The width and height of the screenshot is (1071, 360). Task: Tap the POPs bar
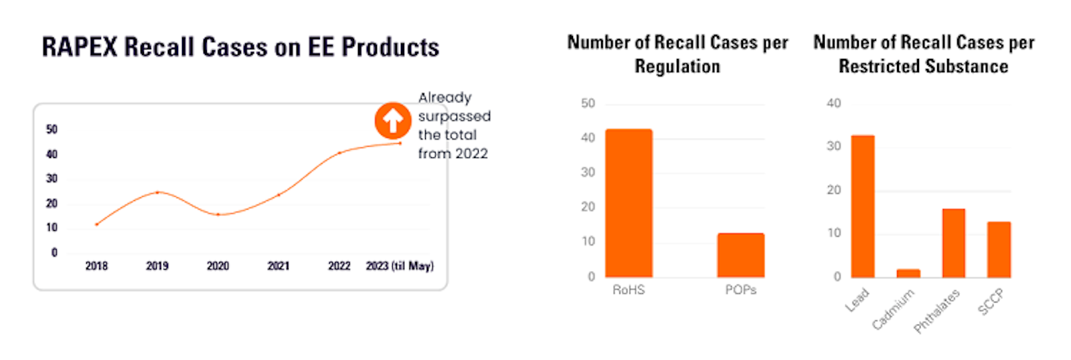point(740,255)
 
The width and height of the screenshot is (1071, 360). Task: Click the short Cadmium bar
point(908,273)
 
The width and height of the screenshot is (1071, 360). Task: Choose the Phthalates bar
point(953,243)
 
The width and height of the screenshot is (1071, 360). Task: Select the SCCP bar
point(999,249)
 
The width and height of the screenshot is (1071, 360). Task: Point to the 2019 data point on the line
point(157,193)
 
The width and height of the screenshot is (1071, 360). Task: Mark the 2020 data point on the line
point(218,215)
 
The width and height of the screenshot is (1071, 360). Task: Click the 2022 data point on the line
point(339,153)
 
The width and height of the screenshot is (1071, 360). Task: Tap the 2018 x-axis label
point(96,266)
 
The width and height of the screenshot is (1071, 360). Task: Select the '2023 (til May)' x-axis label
point(400,266)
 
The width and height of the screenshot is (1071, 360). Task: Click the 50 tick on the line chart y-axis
point(52,129)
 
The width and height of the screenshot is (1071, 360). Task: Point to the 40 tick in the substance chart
point(833,103)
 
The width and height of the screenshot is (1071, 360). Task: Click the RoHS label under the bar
point(629,290)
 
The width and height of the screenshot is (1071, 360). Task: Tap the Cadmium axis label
point(893,309)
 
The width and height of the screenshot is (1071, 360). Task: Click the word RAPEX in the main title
point(80,48)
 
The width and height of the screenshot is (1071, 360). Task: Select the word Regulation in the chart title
point(677,67)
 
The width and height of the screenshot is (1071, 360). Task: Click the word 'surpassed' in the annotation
point(455,116)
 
